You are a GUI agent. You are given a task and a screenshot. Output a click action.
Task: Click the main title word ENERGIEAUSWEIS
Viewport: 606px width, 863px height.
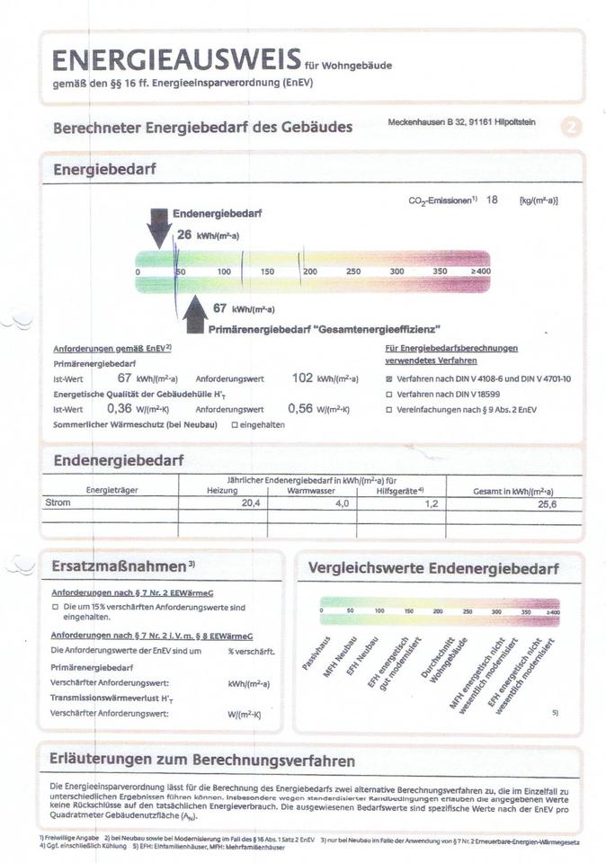176,60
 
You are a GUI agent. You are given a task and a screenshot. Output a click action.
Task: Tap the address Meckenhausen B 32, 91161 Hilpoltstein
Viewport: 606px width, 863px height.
461,122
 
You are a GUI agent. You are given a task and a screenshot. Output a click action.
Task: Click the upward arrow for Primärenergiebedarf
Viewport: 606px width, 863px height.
194,316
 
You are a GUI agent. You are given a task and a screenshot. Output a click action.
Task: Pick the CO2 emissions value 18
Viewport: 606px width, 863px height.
492,200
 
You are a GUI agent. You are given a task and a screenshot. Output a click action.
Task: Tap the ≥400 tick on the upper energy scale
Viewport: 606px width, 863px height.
480,271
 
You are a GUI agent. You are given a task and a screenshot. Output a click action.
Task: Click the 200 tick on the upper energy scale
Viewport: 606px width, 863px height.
310,271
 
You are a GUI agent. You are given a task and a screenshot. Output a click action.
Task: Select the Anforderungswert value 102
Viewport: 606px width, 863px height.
302,378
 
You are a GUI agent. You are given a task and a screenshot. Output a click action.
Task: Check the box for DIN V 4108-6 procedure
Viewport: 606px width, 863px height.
388,379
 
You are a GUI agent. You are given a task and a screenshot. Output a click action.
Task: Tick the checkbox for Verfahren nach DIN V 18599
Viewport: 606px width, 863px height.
388,395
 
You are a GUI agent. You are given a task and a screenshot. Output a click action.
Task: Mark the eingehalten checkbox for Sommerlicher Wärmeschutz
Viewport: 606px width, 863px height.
235,424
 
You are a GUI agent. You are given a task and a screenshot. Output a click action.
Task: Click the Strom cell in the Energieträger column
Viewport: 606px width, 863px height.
58,503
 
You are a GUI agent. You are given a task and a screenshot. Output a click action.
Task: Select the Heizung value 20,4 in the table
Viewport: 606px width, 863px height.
226,504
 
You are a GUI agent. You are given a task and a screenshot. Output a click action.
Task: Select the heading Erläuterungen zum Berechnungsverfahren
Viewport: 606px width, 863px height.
201,760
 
